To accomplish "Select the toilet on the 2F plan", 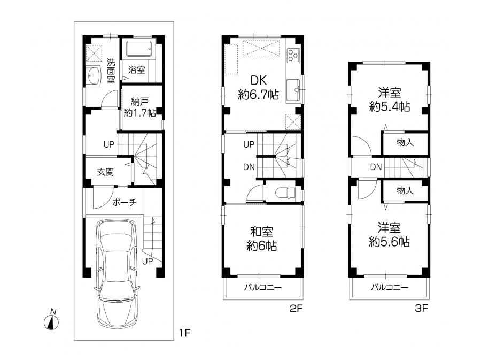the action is pyautogui.click(x=285, y=193).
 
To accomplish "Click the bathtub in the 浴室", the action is pyautogui.click(x=139, y=49).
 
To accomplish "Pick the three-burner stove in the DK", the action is pyautogui.click(x=293, y=55).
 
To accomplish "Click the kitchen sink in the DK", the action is pyautogui.click(x=294, y=90).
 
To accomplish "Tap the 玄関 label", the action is pyautogui.click(x=105, y=172).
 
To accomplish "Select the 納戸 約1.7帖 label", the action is pyautogui.click(x=139, y=107).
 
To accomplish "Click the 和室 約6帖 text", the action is pyautogui.click(x=262, y=239).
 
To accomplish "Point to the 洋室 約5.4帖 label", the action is pyautogui.click(x=389, y=100).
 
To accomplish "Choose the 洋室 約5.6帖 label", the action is pyautogui.click(x=389, y=235).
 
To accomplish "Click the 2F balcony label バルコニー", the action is pyautogui.click(x=263, y=288).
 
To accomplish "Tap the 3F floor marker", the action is pyautogui.click(x=421, y=308).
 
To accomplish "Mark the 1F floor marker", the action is pyautogui.click(x=185, y=333).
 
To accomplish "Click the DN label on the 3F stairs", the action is pyautogui.click(x=376, y=167).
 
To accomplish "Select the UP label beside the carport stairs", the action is pyautogui.click(x=148, y=262).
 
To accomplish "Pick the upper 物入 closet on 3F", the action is pyautogui.click(x=405, y=142).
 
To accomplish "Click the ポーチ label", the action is pyautogui.click(x=124, y=202).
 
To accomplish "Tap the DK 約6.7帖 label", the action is pyautogui.click(x=259, y=88).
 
